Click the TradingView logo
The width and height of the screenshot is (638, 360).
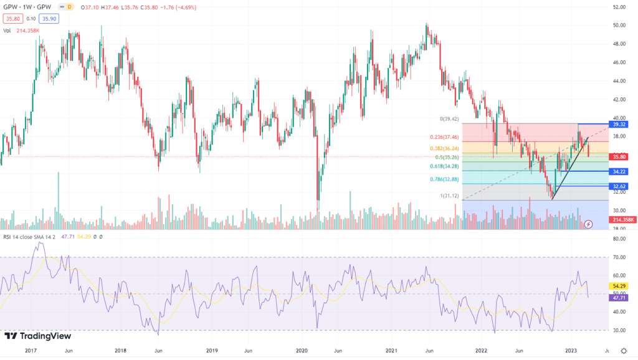click(x=35, y=336)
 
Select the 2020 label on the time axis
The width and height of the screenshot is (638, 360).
click(x=302, y=351)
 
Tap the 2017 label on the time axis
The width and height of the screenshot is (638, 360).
click(x=31, y=351)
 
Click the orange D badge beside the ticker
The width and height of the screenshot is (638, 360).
click(x=69, y=7)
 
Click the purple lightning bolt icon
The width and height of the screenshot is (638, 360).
click(x=589, y=223)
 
